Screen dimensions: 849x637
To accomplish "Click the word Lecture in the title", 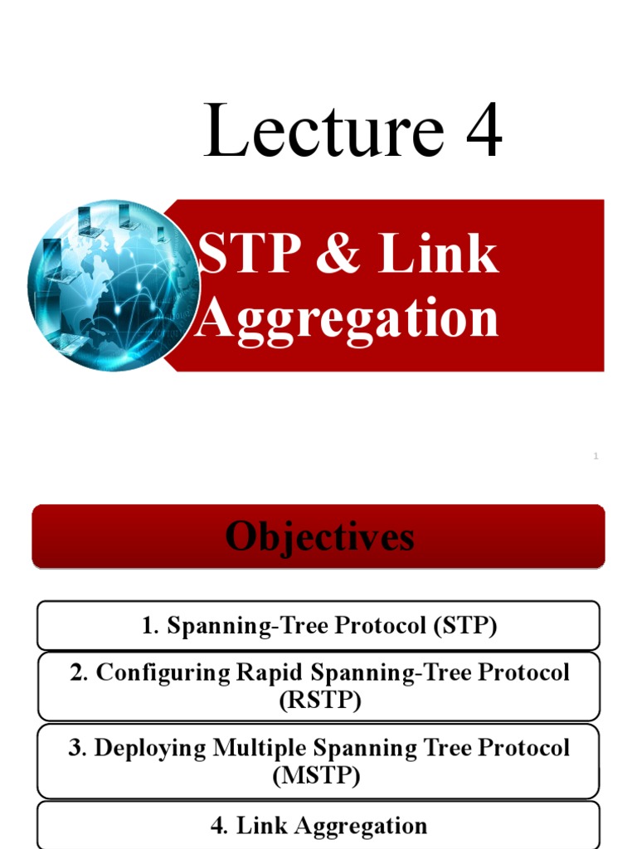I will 323,132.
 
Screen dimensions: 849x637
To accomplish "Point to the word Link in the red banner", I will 439,255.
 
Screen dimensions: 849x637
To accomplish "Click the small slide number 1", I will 596,456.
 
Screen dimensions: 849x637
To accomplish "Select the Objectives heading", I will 319,536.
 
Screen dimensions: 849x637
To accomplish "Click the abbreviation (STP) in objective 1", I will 464,625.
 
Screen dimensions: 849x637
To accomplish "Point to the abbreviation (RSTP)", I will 319,701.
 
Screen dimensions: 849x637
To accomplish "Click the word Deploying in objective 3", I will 150,748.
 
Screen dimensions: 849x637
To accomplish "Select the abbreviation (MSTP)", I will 318,776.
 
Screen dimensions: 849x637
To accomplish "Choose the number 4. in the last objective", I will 221,826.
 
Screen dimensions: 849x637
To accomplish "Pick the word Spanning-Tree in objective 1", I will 253,625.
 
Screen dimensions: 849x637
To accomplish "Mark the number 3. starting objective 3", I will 77,748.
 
